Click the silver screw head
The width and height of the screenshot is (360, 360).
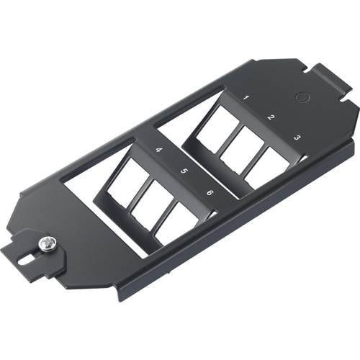pos(49,245)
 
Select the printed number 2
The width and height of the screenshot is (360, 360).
pos(271,117)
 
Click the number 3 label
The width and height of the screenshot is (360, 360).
pos(297,137)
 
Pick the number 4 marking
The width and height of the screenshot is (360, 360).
pos(158,150)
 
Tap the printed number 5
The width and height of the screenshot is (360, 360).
pos(184,171)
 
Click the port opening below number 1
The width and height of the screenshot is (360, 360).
pos(215,130)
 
